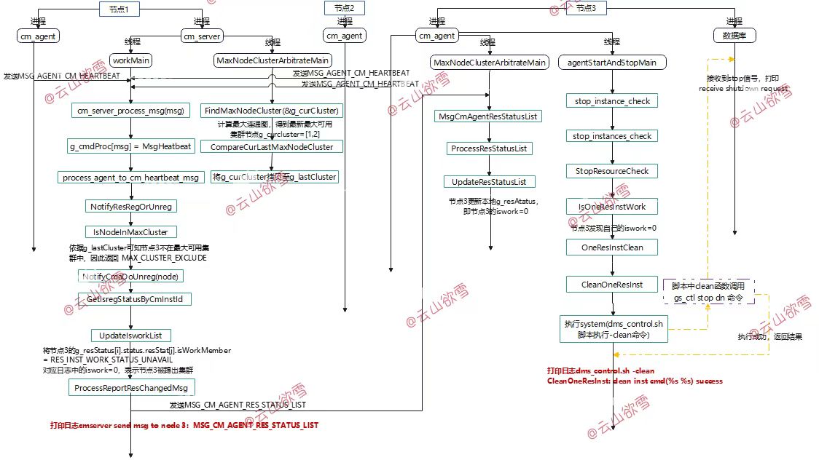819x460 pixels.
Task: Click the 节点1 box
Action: coord(119,9)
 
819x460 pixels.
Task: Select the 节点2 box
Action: coord(344,9)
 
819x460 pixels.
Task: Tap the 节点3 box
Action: coord(585,9)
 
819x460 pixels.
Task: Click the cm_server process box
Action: coord(202,36)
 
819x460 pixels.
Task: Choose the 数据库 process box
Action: coord(734,36)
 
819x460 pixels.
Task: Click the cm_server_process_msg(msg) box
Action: coord(131,111)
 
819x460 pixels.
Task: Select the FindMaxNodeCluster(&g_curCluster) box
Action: coord(272,111)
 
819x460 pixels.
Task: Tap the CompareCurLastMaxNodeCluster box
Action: coord(272,147)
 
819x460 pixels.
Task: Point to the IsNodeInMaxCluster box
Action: coord(131,232)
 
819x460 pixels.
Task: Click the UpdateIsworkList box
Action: coord(131,336)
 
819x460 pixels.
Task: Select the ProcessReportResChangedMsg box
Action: coord(131,389)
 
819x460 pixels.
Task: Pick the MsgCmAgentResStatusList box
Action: coord(489,116)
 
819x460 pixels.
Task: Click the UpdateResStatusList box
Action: coord(489,181)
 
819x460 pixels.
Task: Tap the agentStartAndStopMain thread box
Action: coord(612,63)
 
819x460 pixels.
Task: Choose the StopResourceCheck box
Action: coord(612,171)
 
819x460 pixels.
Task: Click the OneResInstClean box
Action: coord(612,247)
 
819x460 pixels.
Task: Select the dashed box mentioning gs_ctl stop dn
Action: coord(708,293)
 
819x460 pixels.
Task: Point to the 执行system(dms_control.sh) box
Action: coord(613,329)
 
